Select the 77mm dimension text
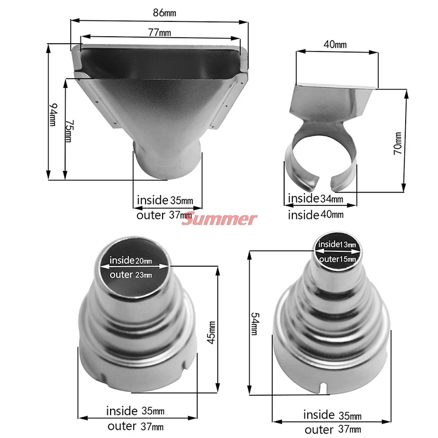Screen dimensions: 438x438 pos(159,33)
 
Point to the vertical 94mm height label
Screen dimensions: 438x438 pos(53,114)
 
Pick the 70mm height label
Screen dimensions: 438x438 pos(398,143)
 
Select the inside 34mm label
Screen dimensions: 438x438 pos(316,198)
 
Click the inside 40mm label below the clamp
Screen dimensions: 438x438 pos(316,215)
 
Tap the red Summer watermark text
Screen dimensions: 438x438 pos(219,220)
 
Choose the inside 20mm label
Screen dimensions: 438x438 pos(131,260)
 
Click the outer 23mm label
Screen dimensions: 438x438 pos(131,275)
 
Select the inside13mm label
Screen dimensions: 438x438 pos(337,244)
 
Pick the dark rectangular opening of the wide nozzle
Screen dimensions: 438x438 pos(159,60)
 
